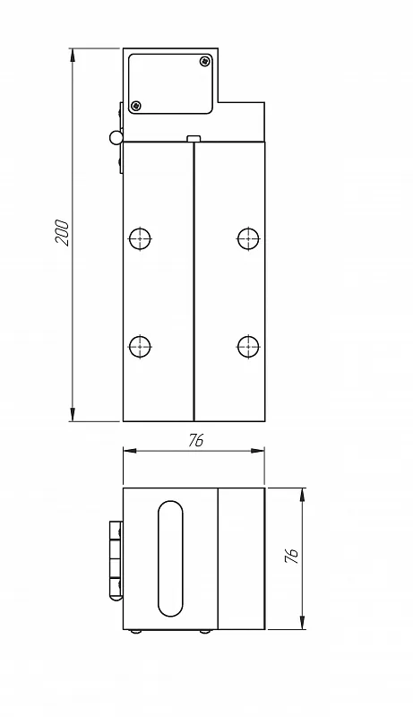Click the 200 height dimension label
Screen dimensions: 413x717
[x=62, y=233]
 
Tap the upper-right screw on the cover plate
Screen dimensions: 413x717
[x=205, y=61]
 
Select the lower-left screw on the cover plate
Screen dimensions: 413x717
[x=135, y=106]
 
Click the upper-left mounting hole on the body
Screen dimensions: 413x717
[x=140, y=238]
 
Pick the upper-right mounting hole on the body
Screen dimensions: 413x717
[x=248, y=238]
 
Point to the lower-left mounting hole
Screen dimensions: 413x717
[x=140, y=346]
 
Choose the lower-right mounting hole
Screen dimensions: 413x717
[x=248, y=346]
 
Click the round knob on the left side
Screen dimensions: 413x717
[x=116, y=137]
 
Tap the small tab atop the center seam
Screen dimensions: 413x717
[x=194, y=138]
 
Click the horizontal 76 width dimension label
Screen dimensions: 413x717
[x=195, y=440]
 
